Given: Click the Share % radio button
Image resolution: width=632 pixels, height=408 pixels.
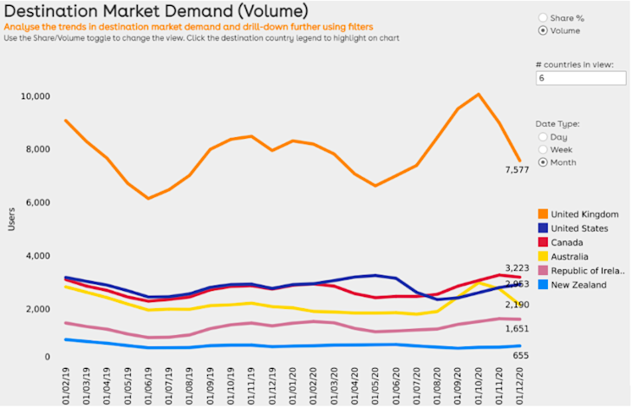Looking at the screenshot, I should tap(544, 17).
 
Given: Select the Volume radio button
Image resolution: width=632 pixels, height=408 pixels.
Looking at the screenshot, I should tap(544, 31).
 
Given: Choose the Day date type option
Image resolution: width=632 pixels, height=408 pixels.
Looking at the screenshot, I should tap(544, 136).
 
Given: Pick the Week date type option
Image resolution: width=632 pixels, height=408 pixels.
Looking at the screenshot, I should tap(544, 149).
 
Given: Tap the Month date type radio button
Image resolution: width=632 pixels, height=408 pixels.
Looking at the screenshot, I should tap(544, 162).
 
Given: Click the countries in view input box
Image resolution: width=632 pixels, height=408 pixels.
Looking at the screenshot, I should tap(580, 78).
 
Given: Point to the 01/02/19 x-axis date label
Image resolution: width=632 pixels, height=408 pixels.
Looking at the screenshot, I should tap(67, 382).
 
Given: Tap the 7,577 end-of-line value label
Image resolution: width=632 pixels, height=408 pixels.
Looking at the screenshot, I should tap(518, 168).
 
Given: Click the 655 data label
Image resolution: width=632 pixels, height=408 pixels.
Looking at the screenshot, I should tap(520, 356).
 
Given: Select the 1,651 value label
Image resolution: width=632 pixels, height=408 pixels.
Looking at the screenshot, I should tap(518, 329).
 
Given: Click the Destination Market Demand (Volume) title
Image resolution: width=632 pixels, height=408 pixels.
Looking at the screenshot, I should tap(155, 11).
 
